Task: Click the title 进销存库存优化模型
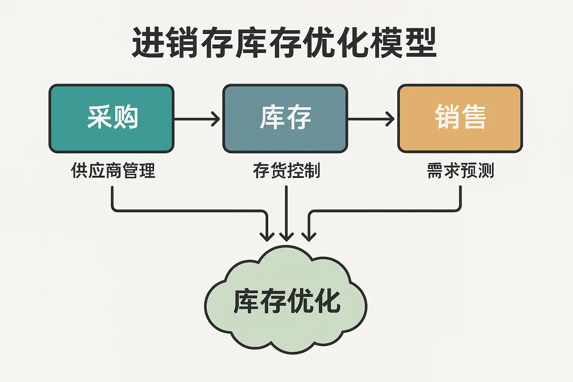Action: click(x=284, y=42)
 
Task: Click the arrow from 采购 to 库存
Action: click(x=197, y=119)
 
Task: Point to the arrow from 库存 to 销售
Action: click(x=371, y=119)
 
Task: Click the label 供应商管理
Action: click(x=113, y=170)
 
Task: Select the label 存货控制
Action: click(x=286, y=170)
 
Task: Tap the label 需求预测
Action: click(x=460, y=170)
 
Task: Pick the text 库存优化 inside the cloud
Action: click(x=286, y=301)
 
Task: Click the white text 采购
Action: click(x=113, y=117)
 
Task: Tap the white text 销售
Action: click(x=460, y=117)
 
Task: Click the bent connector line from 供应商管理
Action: click(x=187, y=211)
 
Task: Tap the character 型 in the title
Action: click(x=421, y=42)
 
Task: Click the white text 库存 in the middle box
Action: click(x=285, y=117)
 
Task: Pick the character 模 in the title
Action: click(x=386, y=42)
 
